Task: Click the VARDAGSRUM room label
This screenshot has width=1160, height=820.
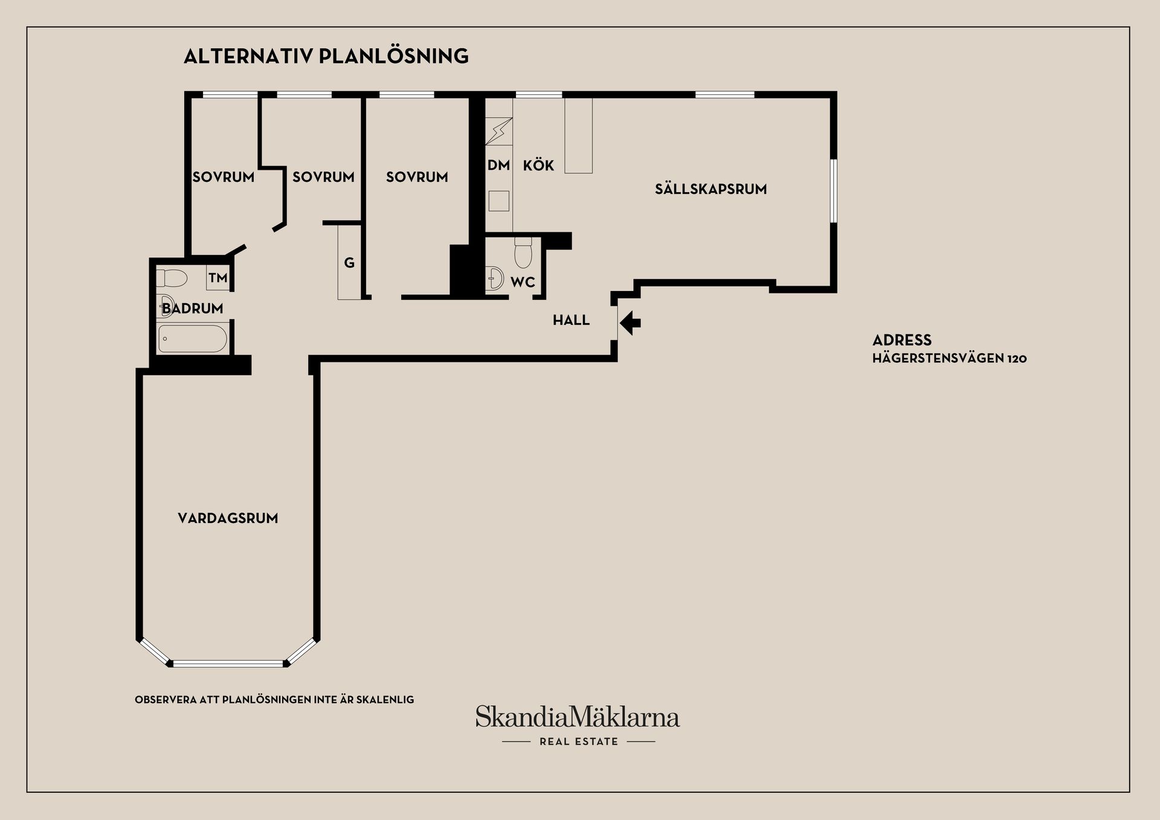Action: [x=228, y=518]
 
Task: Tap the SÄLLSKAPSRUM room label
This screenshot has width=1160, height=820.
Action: [x=710, y=189]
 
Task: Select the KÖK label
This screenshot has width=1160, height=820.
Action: [x=538, y=165]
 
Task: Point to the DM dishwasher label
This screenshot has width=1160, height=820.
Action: [x=499, y=165]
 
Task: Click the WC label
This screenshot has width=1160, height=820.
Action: [x=523, y=282]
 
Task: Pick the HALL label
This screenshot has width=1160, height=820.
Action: [x=571, y=320]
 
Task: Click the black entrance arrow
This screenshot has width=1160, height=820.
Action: [x=630, y=322]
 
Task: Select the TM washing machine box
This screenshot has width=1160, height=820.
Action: [x=218, y=278]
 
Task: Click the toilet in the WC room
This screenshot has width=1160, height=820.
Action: [x=523, y=252]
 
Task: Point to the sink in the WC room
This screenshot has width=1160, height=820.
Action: [x=495, y=278]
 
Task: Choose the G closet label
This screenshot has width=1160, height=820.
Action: [x=349, y=263]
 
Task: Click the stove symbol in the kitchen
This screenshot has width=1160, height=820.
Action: [x=499, y=131]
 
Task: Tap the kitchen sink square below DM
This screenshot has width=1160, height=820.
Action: [x=499, y=200]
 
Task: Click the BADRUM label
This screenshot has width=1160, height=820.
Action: [x=193, y=309]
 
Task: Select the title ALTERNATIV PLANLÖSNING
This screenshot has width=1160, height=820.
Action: [x=326, y=56]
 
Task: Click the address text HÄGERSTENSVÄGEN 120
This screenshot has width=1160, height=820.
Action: [x=950, y=359]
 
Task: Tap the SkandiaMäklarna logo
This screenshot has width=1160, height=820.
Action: [x=578, y=717]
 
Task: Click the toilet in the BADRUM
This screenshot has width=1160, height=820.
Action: [x=172, y=278]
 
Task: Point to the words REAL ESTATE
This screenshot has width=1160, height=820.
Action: [x=579, y=742]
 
